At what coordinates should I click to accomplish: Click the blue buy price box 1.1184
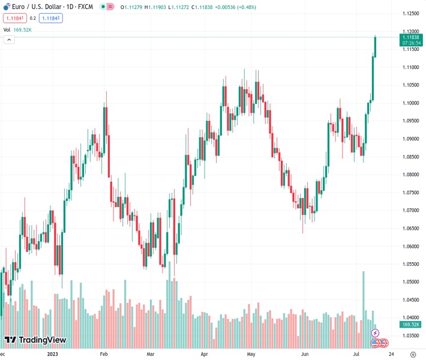tap(52, 18)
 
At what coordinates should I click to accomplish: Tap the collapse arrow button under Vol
tap(9, 40)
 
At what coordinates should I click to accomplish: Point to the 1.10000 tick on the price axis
tap(412, 103)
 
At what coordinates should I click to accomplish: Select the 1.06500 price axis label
tap(412, 229)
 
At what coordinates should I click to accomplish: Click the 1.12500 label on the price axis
tap(412, 13)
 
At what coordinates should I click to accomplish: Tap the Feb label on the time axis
tap(103, 355)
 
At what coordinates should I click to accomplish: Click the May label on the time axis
tap(251, 355)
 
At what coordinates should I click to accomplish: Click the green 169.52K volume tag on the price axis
tap(411, 325)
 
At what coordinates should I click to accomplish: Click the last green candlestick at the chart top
tap(376, 47)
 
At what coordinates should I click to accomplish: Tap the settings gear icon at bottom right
tap(413, 355)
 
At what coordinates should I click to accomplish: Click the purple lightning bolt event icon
tap(376, 333)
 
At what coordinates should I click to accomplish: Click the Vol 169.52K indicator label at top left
tap(19, 29)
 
